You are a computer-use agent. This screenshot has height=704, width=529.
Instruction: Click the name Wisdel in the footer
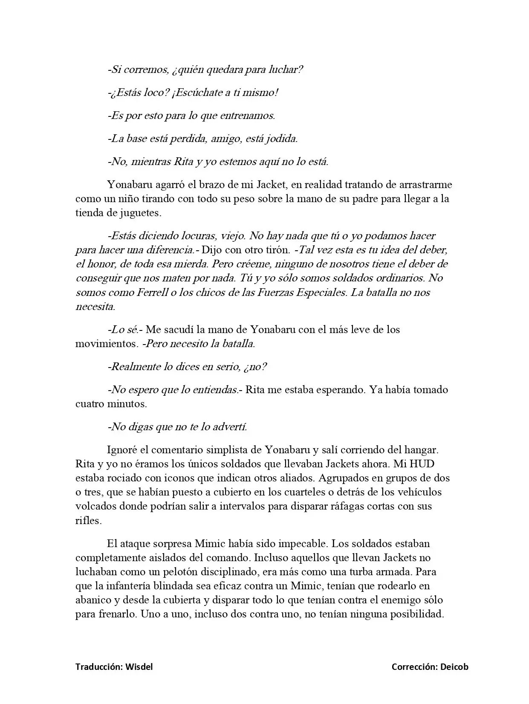[139, 667]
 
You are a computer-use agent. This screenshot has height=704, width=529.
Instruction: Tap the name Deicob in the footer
[454, 667]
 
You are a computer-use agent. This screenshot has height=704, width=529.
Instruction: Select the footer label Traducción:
[99, 667]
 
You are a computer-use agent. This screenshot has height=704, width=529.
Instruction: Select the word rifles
[88, 520]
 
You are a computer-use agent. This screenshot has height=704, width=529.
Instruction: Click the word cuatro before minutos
[90, 403]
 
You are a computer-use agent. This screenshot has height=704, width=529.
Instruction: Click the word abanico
[93, 600]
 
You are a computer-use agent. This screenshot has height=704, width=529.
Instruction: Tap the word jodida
[281, 139]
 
